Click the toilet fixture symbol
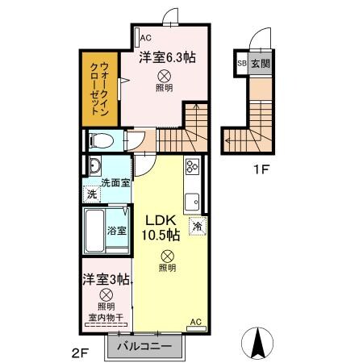(102, 140)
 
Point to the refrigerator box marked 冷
(197, 227)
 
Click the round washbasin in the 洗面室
(94, 167)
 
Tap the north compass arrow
(260, 342)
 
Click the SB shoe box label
(241, 63)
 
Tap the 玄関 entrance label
(261, 63)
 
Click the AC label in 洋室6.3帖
(144, 37)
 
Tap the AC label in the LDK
(195, 323)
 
